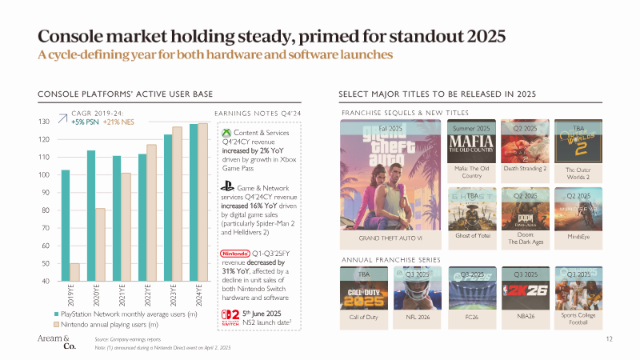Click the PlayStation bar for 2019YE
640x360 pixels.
point(66,225)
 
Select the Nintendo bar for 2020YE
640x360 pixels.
point(99,245)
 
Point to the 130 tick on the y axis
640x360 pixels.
point(45,122)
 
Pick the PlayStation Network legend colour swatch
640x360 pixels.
point(57,314)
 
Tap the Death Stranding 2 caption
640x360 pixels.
point(525,169)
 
